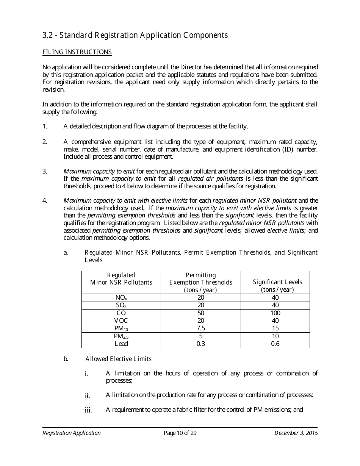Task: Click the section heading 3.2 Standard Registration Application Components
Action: [x=135, y=35]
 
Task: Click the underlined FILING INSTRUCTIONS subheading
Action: [x=77, y=52]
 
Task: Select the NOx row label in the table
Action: [x=121, y=298]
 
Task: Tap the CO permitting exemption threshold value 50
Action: [x=201, y=313]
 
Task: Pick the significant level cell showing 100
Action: [x=275, y=313]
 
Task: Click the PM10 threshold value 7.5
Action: [x=201, y=328]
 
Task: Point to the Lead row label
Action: [x=121, y=344]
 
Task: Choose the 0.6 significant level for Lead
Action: [x=275, y=344]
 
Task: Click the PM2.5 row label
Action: [x=121, y=336]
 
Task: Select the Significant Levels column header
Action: [x=277, y=286]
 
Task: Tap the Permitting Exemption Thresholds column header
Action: [x=201, y=282]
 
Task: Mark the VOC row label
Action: [x=121, y=321]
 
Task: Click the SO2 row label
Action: [x=121, y=305]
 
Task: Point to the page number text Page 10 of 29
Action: [x=180, y=433]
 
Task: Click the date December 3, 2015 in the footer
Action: [x=296, y=433]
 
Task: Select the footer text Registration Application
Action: [x=72, y=433]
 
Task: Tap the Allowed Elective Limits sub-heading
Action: [x=118, y=359]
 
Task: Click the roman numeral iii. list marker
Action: [x=88, y=410]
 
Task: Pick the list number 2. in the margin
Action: [x=45, y=142]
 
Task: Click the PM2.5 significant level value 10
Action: [x=275, y=336]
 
